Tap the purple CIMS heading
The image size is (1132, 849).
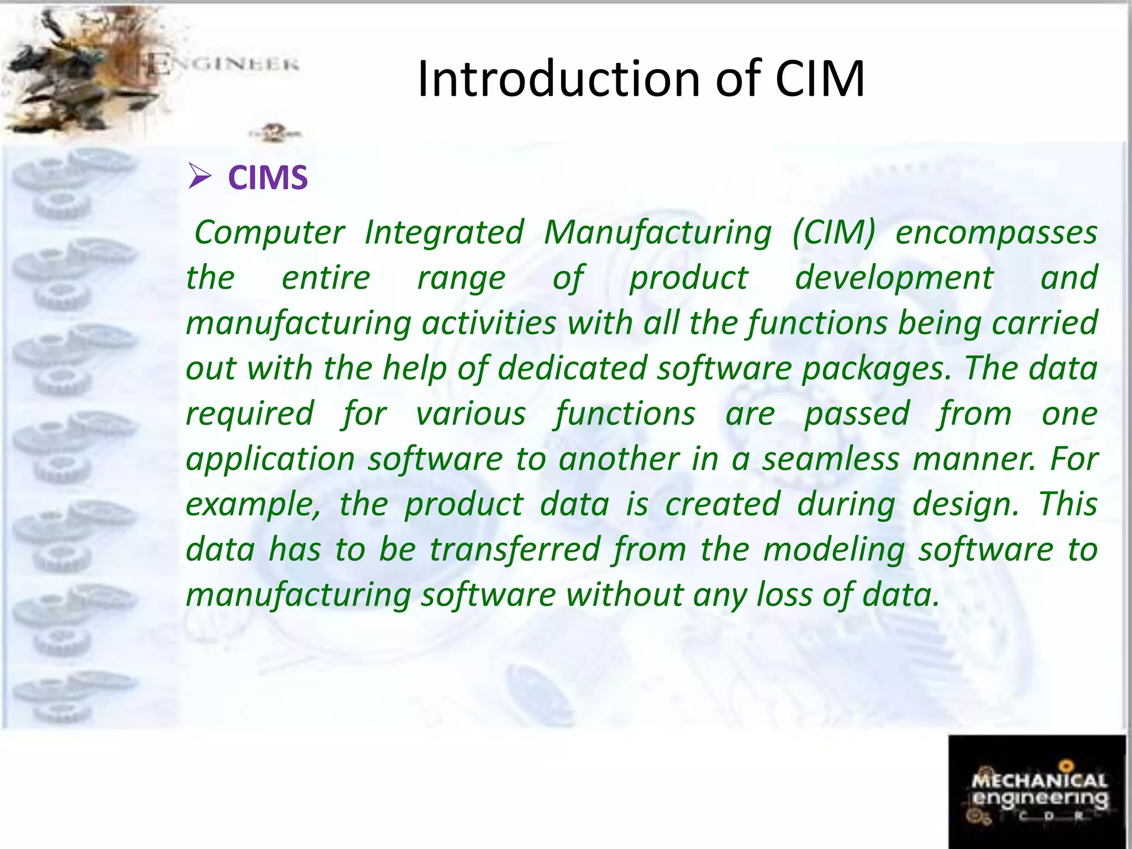(268, 178)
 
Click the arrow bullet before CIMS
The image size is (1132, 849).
(200, 176)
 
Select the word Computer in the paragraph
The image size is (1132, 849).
(270, 233)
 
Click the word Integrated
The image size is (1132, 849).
(444, 233)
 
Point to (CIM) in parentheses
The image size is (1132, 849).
(834, 233)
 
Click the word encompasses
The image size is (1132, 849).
(996, 233)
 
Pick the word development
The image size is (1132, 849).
(894, 278)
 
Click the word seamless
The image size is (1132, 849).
(831, 459)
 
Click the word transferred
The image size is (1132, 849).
(515, 550)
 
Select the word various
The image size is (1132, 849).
(470, 414)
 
